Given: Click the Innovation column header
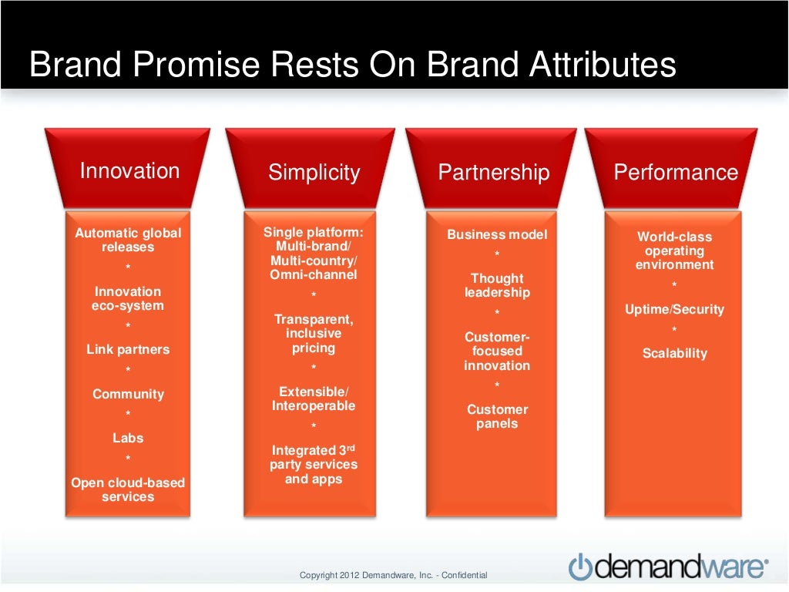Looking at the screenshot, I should click(129, 170).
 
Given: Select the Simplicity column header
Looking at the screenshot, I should click(314, 172).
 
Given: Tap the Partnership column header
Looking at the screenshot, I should click(494, 172).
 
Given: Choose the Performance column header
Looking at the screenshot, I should click(676, 172).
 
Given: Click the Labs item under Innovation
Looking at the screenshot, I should click(128, 438).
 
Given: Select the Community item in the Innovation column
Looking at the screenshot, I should click(128, 394).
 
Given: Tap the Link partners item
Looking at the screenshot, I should click(128, 349).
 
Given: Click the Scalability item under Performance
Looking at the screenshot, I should click(675, 353).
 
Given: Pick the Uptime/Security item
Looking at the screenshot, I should click(675, 309).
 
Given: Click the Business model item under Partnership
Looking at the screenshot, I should click(497, 234).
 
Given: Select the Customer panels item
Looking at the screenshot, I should click(497, 416).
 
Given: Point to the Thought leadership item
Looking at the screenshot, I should click(497, 285).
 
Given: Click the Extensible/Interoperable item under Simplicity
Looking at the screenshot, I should click(314, 399).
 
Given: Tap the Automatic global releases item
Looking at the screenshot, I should click(128, 240).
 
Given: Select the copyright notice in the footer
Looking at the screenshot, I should click(393, 575).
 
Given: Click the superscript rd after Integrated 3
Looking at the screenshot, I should click(349, 447).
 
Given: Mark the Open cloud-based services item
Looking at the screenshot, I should click(128, 489).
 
